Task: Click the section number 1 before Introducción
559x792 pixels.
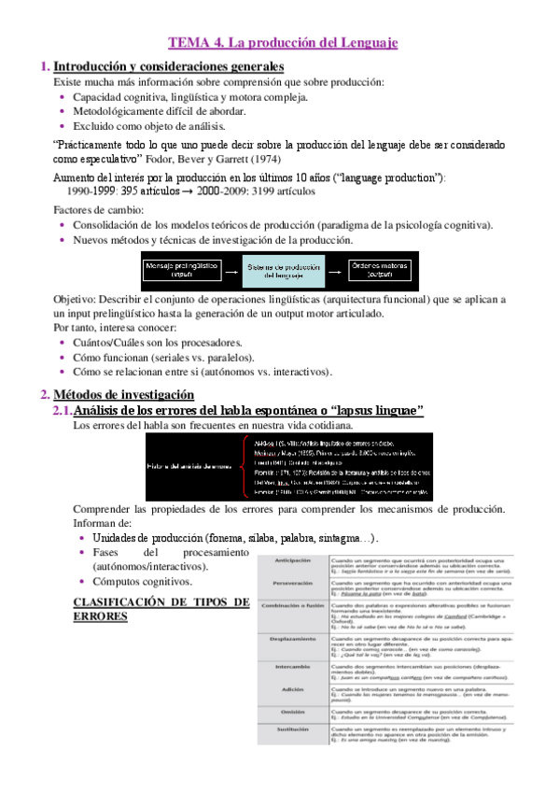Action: (44, 66)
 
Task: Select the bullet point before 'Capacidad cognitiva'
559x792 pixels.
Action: (62, 96)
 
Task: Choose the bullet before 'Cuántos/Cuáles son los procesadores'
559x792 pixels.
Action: (62, 343)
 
